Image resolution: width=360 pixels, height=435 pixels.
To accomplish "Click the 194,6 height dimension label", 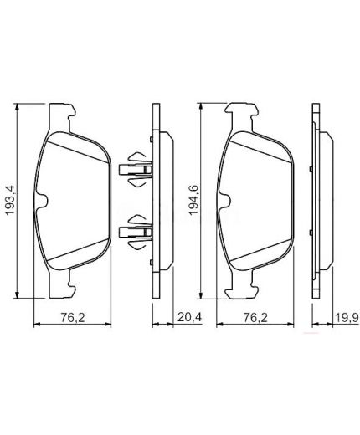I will click(x=194, y=200).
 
